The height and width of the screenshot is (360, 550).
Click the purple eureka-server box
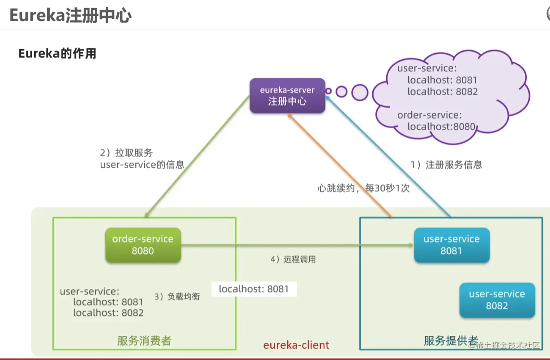(x=287, y=96)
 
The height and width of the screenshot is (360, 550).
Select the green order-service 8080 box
(x=143, y=245)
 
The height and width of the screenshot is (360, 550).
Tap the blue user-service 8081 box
(x=451, y=245)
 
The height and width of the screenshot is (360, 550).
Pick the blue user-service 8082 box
(x=497, y=300)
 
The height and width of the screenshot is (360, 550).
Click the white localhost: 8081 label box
(x=254, y=289)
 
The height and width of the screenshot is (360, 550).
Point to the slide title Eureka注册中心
(x=71, y=16)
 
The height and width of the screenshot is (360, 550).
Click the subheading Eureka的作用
(x=57, y=54)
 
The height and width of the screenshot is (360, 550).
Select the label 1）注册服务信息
(x=446, y=165)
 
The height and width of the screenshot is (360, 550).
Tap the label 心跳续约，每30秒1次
(x=363, y=188)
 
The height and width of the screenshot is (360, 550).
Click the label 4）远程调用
(x=293, y=259)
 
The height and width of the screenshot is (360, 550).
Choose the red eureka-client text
(x=296, y=345)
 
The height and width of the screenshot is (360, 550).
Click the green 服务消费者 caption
(x=144, y=341)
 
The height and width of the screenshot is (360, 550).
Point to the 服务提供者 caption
(x=451, y=341)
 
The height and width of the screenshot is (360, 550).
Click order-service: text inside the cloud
(x=429, y=115)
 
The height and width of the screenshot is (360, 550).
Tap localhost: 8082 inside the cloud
(x=443, y=92)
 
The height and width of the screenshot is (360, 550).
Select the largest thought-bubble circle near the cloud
(x=359, y=92)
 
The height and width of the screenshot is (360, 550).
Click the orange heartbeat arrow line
(x=340, y=166)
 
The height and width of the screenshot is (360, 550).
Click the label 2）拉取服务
(x=127, y=153)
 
